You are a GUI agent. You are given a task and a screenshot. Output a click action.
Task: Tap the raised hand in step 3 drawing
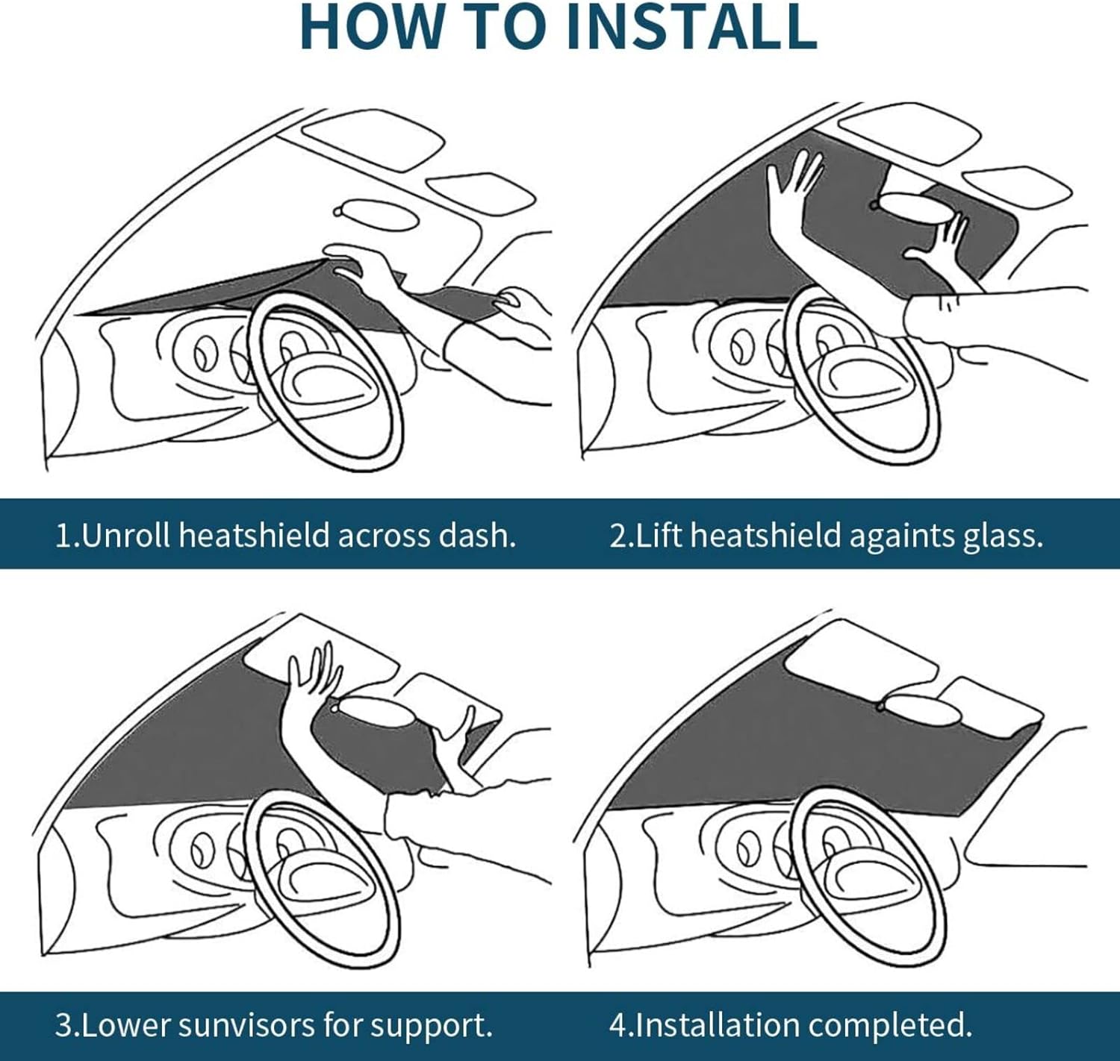click(314, 675)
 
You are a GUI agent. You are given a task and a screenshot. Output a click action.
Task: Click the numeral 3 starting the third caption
click(63, 1025)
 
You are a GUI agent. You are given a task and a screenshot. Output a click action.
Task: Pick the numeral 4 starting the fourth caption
click(617, 1025)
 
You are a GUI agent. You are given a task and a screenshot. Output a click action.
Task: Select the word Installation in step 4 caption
click(717, 1025)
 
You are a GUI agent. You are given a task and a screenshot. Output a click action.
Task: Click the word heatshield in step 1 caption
click(254, 536)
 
